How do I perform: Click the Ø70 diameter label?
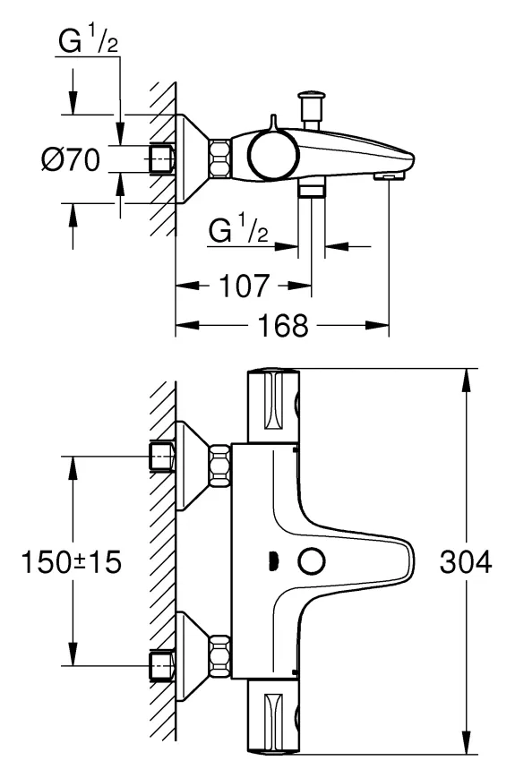(x=71, y=159)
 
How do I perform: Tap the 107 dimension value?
(x=245, y=286)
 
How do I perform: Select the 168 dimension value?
(x=283, y=326)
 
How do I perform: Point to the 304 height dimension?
(x=466, y=562)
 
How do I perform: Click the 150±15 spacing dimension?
(x=72, y=562)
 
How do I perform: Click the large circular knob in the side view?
(x=273, y=154)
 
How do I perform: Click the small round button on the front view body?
(x=312, y=562)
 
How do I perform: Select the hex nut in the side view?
(x=220, y=158)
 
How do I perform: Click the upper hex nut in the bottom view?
(x=220, y=465)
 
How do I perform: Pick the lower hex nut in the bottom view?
(x=220, y=655)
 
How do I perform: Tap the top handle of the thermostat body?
(x=273, y=406)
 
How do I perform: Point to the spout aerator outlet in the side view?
(x=389, y=176)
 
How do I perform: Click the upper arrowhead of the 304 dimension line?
(x=466, y=380)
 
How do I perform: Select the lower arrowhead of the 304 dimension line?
(x=466, y=743)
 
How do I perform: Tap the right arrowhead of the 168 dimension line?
(x=377, y=326)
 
